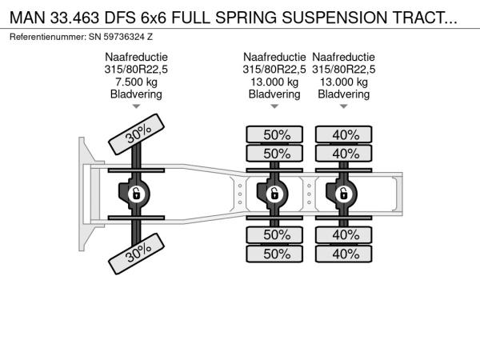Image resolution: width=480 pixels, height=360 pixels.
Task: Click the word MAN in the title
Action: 28,16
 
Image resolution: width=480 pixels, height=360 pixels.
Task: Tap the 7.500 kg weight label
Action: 136,82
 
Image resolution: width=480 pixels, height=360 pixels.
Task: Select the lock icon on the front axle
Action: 136,194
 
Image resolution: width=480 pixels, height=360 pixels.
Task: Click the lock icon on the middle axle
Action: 274,194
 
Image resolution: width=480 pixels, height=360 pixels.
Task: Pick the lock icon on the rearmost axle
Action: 343,194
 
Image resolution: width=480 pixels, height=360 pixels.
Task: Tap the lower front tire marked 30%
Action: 137,254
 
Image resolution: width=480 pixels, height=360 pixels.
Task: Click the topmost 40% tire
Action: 344,134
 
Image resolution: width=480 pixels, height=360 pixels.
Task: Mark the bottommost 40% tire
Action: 344,254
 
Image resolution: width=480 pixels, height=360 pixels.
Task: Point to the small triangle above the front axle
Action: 136,106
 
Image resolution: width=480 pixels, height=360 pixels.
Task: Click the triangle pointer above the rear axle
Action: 343,106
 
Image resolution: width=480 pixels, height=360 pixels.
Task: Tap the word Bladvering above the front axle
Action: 136,94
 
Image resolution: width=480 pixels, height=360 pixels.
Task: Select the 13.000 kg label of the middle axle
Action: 274,82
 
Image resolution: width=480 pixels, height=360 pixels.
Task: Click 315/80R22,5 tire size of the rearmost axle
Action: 344,69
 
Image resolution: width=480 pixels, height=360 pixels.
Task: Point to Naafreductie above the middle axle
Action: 274,57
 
